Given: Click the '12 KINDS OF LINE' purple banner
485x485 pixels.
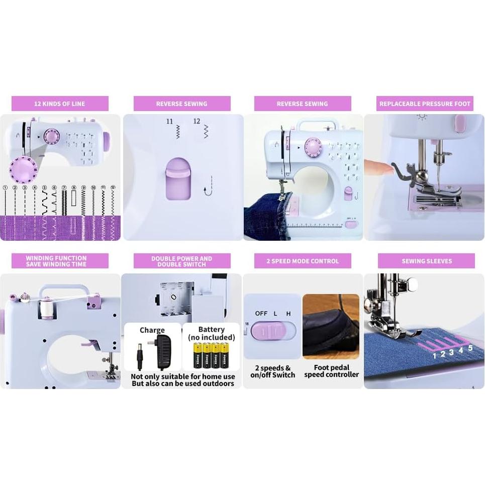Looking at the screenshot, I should point(60,104).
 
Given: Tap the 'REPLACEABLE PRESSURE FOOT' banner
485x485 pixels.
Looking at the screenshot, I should point(425,104).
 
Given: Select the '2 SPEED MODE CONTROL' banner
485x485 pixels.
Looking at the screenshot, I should point(303,261).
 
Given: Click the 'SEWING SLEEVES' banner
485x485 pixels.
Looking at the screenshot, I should point(426,261).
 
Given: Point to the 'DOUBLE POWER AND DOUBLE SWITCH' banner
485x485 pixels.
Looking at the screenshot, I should point(181,261).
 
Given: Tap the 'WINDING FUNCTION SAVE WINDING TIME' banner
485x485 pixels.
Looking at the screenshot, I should point(60,261).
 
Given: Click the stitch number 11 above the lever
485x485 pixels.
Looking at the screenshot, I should point(170,122).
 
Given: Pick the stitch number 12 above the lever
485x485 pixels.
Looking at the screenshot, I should point(197,122).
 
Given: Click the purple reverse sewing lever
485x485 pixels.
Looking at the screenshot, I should point(178,178).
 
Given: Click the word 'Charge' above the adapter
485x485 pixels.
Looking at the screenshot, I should point(152,330).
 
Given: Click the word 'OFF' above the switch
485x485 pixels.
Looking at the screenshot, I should point(261,313).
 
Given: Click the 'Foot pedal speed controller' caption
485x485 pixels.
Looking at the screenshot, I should point(331,371).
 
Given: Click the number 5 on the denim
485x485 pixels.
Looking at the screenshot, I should point(470,347).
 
